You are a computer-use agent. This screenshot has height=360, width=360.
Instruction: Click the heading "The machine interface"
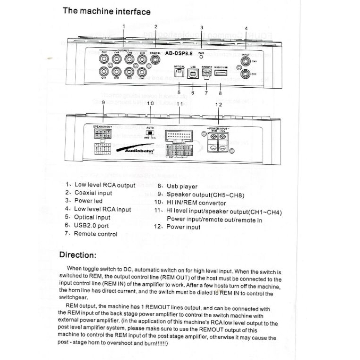(107, 11)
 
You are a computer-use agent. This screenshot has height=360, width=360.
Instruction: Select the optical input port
(180, 74)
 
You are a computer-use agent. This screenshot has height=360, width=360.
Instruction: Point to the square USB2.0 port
(193, 74)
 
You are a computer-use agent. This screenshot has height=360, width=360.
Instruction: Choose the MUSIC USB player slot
(221, 74)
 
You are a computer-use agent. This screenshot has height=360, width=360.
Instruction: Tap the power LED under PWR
(202, 57)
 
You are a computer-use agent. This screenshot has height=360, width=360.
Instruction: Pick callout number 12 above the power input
(218, 104)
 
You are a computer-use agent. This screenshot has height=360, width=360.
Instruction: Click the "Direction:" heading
(78, 255)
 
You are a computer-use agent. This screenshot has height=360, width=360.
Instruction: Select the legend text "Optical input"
(92, 217)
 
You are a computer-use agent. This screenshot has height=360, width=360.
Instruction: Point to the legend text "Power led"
(88, 201)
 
